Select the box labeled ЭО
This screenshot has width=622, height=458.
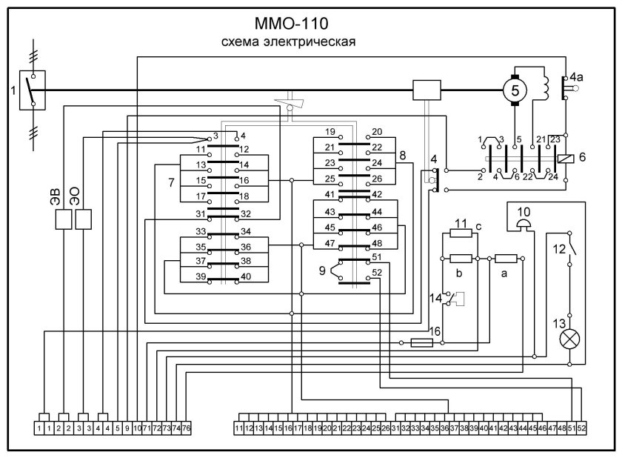pos(84,220)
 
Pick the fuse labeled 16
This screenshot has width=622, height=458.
pos(421,343)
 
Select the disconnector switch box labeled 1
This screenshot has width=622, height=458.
pos(31,90)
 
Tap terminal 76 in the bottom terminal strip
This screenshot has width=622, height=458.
pos(186,428)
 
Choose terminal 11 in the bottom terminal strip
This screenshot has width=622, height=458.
pos(239,428)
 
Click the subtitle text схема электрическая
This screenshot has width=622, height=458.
pos(290,42)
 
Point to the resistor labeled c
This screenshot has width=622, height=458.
pos(461,233)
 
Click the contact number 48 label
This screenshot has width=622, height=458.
pos(376,244)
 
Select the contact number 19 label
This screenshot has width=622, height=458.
pos(330,131)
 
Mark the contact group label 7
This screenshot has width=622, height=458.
pos(170,181)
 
